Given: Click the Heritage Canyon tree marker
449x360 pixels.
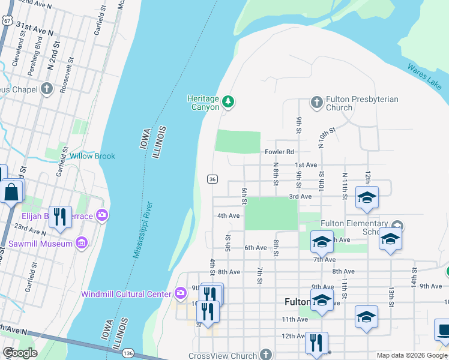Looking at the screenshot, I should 228,102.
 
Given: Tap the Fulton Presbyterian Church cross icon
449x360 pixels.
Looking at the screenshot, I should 317,103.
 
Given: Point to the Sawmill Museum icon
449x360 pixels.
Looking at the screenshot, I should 82,243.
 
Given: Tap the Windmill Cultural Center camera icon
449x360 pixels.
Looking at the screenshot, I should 181,293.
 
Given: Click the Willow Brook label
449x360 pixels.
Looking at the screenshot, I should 92,156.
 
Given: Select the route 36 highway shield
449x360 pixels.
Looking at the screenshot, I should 212,179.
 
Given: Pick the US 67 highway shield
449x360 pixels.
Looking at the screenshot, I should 7,20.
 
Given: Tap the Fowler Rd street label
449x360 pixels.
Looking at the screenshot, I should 280,152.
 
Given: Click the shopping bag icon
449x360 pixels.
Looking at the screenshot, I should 11,193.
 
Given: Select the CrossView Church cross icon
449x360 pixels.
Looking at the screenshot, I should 267,355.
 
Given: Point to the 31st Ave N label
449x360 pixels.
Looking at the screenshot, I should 35,27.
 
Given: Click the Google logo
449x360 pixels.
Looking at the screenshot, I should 20,353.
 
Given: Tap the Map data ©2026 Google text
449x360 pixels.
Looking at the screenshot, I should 411,355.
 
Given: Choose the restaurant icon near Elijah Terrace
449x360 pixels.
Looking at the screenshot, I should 59,217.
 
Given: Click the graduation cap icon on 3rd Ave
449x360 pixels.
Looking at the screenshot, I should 366,197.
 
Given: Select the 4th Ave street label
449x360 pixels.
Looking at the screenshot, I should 228,216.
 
